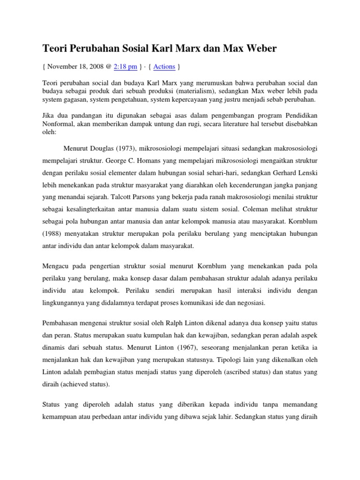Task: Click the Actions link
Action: (164, 67)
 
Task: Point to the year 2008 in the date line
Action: (97, 67)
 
